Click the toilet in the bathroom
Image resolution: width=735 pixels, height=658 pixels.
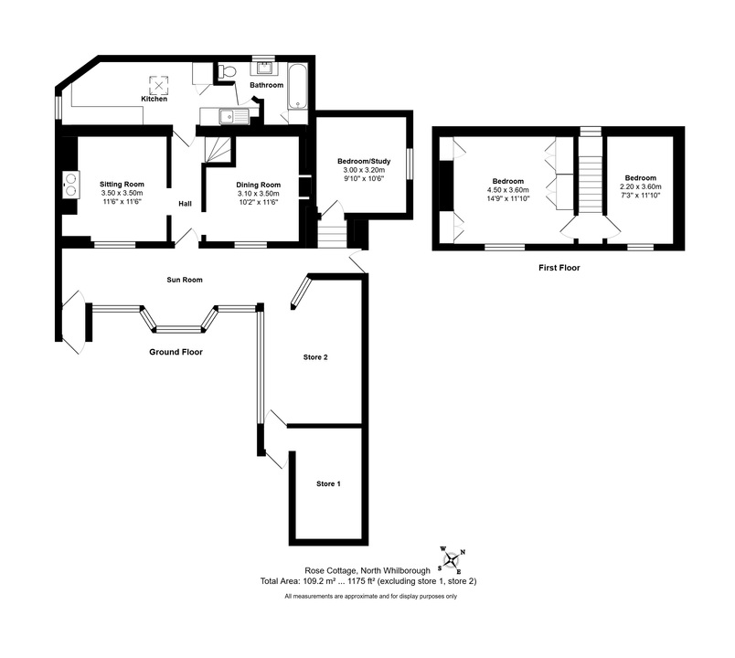227,71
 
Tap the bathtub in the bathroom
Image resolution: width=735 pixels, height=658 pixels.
297,87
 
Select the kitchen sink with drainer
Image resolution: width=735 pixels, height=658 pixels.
229,116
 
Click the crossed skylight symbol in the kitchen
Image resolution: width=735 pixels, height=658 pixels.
159,86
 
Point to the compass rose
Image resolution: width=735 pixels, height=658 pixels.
451,560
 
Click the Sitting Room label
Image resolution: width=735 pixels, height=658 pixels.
122,185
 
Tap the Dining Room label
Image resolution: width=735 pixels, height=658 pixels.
259,185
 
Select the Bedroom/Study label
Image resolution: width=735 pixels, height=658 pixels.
364,161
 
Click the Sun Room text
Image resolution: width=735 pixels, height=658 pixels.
185,280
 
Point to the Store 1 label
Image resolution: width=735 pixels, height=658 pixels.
328,483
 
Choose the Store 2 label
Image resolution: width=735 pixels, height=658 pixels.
315,357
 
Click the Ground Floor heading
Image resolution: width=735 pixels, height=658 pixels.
176,352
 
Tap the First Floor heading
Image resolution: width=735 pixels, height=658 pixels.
559,268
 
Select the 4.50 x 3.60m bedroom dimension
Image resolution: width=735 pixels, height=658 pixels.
508,190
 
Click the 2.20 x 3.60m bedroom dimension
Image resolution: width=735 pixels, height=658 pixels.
641,186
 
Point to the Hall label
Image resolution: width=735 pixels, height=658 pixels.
186,204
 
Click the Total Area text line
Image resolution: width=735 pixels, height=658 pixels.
368,581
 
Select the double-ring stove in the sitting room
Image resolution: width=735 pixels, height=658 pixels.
71,185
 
